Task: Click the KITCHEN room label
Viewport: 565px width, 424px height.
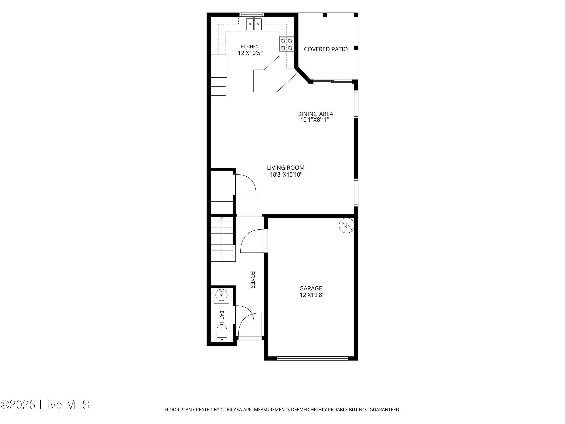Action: pyautogui.click(x=250, y=46)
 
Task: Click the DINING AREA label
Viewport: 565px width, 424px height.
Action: pyautogui.click(x=315, y=114)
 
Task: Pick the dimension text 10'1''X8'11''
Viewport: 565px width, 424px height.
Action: pyautogui.click(x=315, y=120)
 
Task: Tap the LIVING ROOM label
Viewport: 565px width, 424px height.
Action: pyautogui.click(x=286, y=168)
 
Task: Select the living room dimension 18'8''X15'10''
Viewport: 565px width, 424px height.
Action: pyautogui.click(x=286, y=174)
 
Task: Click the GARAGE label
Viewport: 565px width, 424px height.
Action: pyautogui.click(x=311, y=288)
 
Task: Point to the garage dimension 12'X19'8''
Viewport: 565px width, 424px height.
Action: pyautogui.click(x=312, y=295)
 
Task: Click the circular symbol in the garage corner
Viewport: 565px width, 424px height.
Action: pyautogui.click(x=347, y=225)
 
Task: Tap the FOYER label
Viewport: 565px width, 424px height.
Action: pyautogui.click(x=252, y=280)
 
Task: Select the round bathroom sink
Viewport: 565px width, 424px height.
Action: pyautogui.click(x=221, y=296)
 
